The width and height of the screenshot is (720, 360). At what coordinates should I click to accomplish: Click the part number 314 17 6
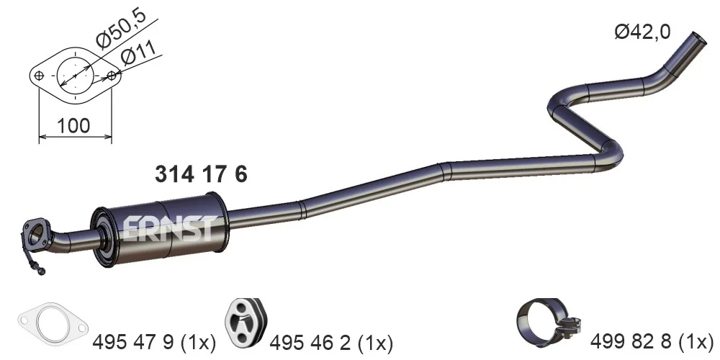201,174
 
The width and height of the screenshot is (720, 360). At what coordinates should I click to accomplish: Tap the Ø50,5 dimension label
121,29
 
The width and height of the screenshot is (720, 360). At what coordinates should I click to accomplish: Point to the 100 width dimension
74,125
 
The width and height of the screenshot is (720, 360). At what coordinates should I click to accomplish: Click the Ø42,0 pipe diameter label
642,32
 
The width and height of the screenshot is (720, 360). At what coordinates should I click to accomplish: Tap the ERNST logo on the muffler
169,229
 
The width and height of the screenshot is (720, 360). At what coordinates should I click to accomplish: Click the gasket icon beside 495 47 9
52,325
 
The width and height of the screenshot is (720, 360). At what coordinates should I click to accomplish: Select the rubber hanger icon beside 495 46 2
246,323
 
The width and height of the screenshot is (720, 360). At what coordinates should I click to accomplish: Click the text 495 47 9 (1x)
154,341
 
